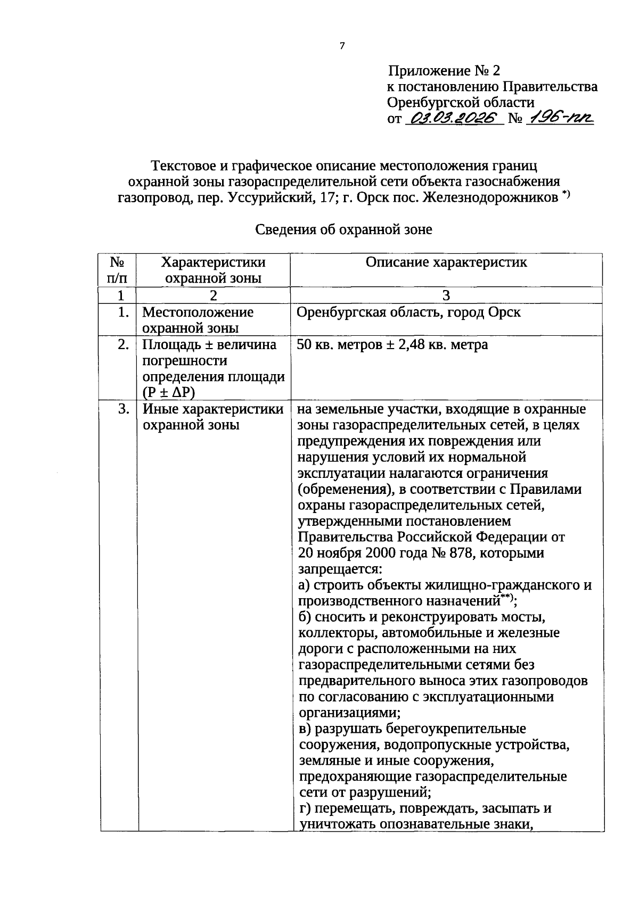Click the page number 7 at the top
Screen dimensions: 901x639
(342, 46)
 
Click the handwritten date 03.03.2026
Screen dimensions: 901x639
(454, 118)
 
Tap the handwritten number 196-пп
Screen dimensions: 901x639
(559, 118)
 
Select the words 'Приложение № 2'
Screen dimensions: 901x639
(444, 71)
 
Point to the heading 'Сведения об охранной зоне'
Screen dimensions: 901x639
(343, 229)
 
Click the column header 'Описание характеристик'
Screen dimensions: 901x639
(446, 262)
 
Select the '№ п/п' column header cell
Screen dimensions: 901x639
(118, 270)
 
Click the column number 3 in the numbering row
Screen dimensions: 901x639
(446, 296)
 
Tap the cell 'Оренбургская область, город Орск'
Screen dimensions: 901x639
(408, 312)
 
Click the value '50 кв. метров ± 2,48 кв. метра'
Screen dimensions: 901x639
(392, 345)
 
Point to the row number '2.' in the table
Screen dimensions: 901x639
(123, 345)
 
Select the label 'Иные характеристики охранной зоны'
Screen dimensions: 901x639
(212, 417)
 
